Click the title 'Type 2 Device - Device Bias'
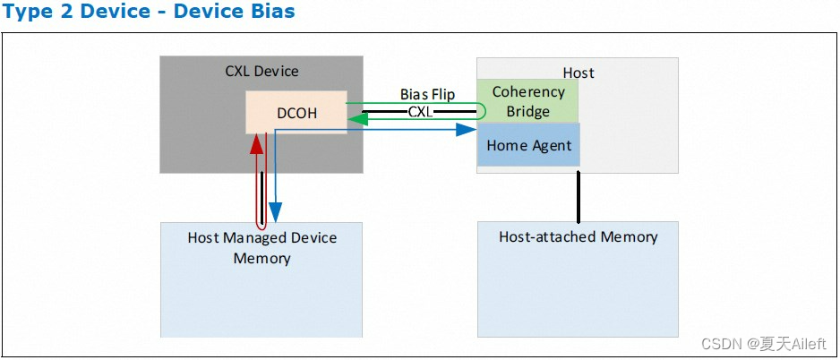[x=149, y=13]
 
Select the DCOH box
[x=296, y=113]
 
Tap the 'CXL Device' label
[x=261, y=71]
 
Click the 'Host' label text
[x=578, y=73]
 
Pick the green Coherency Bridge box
[x=528, y=101]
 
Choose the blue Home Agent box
[x=528, y=145]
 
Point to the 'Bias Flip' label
[x=427, y=95]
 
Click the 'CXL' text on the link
[x=420, y=112]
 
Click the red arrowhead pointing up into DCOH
[x=257, y=142]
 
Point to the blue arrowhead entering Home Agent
[x=465, y=130]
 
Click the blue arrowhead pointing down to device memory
[x=276, y=213]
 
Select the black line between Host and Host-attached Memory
[x=579, y=194]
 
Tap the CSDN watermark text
[x=764, y=344]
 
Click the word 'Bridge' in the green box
[x=528, y=111]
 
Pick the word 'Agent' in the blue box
[x=551, y=146]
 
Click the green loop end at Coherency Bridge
[x=481, y=111]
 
